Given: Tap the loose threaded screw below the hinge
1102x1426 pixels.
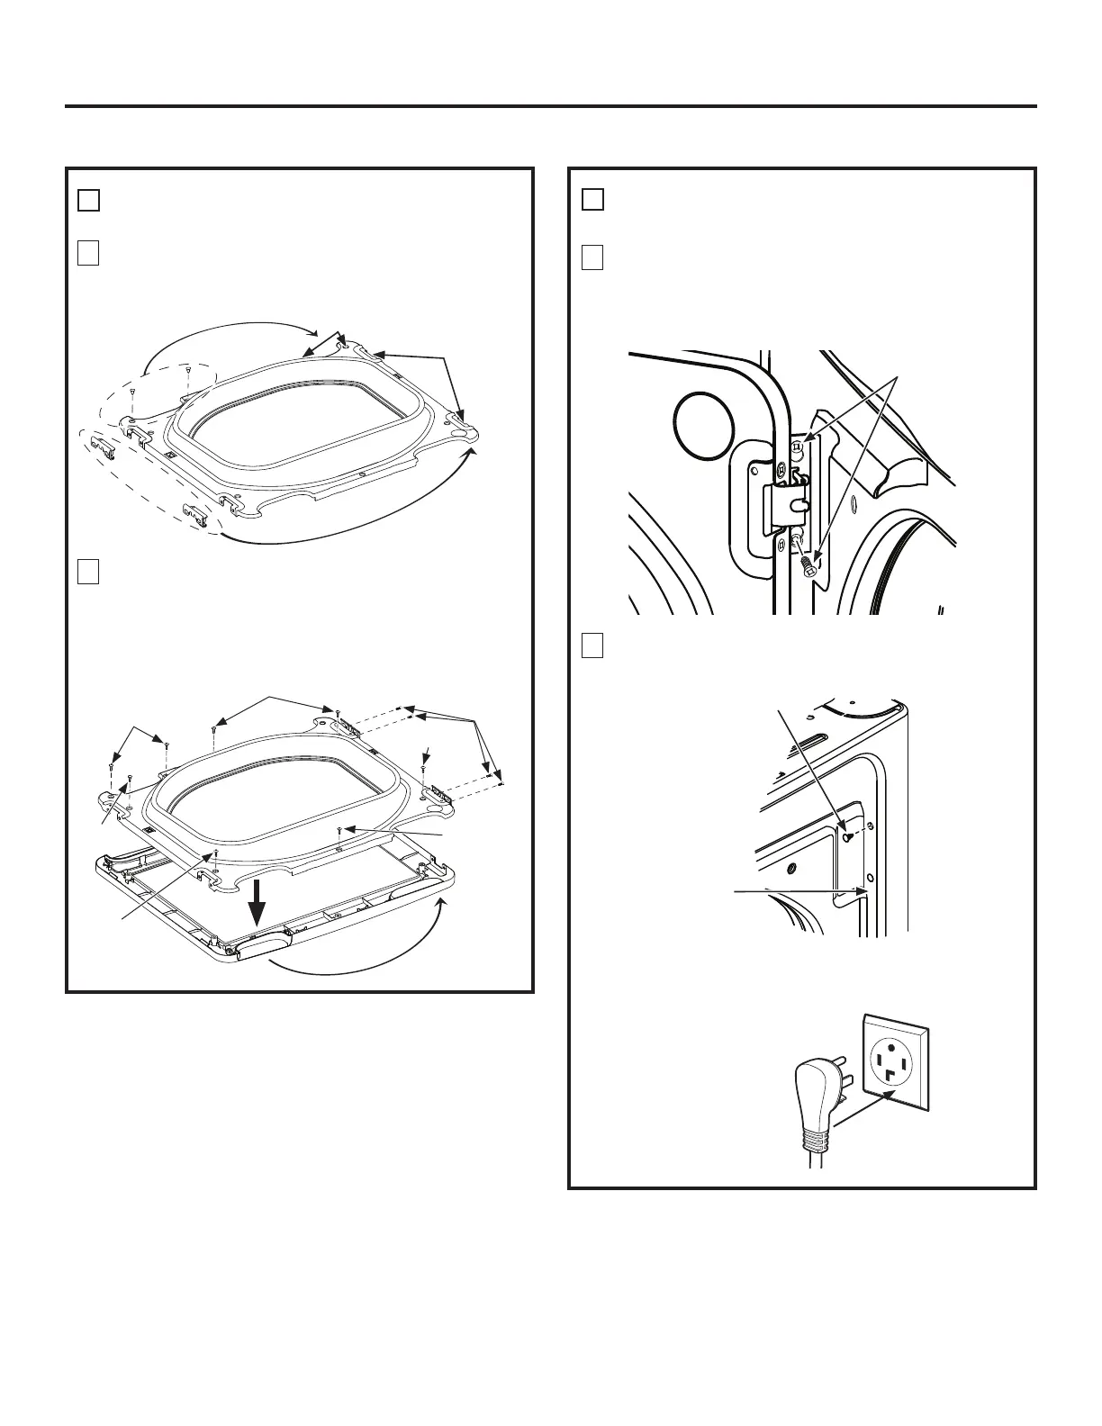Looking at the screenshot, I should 806,565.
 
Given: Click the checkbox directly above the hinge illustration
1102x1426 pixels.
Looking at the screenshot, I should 592,258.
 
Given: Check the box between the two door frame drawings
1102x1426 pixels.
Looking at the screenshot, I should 87,572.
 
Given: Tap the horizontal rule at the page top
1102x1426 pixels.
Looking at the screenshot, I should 551,106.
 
